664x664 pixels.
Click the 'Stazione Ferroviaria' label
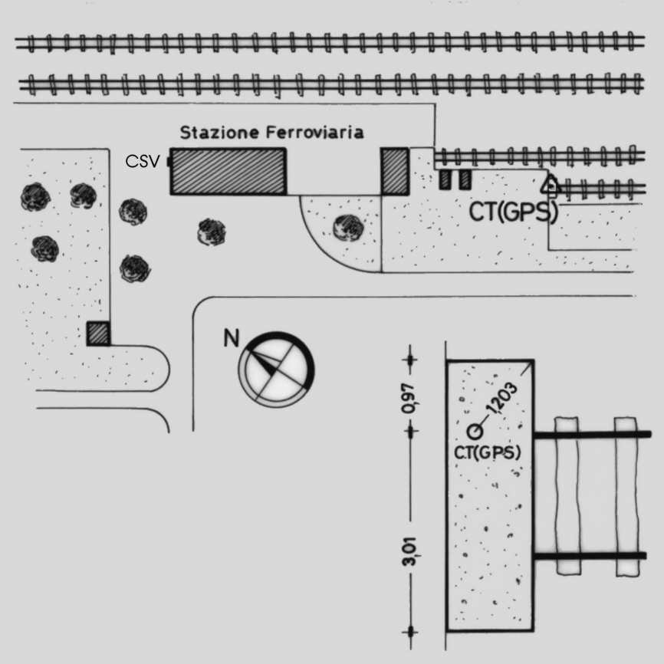pos(271,133)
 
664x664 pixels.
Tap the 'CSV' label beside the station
pos(143,162)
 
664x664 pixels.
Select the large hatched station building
pos(228,171)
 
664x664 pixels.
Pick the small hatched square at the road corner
pos(98,334)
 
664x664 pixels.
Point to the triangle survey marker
pos(549,185)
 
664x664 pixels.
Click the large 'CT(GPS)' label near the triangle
pos(512,212)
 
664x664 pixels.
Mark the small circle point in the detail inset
pos(475,432)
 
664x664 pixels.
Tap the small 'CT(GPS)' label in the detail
pos(488,453)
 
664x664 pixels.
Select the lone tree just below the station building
pos(211,232)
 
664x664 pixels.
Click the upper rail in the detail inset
pos(592,435)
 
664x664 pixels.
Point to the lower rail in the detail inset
pos(592,556)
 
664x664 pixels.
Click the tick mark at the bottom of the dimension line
pos(412,632)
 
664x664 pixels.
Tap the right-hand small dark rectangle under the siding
pos(464,180)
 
